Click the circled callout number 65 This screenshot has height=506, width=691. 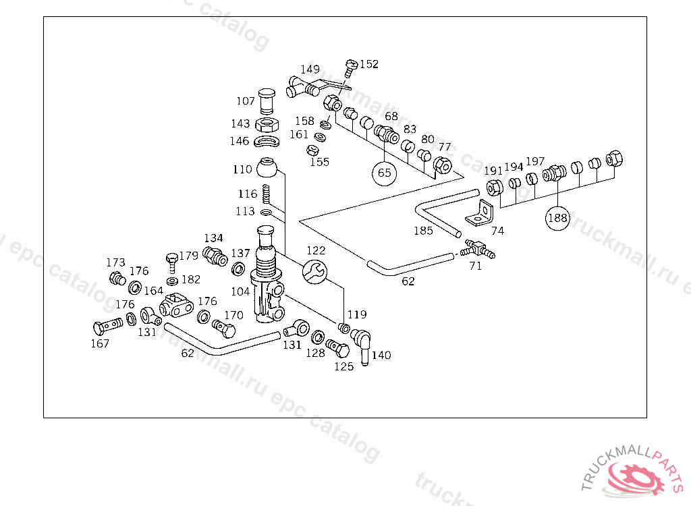(384, 173)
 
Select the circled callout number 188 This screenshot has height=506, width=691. (557, 218)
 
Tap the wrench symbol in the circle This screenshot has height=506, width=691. (315, 271)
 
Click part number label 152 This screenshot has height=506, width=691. (369, 64)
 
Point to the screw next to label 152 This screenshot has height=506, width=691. (351, 68)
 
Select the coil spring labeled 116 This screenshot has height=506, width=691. (266, 194)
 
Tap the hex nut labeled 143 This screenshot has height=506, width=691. (267, 125)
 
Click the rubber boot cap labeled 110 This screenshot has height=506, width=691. (267, 167)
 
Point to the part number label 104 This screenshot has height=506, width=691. (241, 291)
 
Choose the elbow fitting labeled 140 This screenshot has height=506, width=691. (362, 345)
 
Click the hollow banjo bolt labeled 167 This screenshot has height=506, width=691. (108, 327)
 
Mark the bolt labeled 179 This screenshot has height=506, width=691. (172, 263)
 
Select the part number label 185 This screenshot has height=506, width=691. (424, 231)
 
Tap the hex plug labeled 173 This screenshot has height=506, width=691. (117, 279)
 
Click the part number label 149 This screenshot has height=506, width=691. (310, 69)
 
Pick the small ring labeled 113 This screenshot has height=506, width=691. (266, 213)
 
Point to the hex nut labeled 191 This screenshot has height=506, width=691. (495, 188)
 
